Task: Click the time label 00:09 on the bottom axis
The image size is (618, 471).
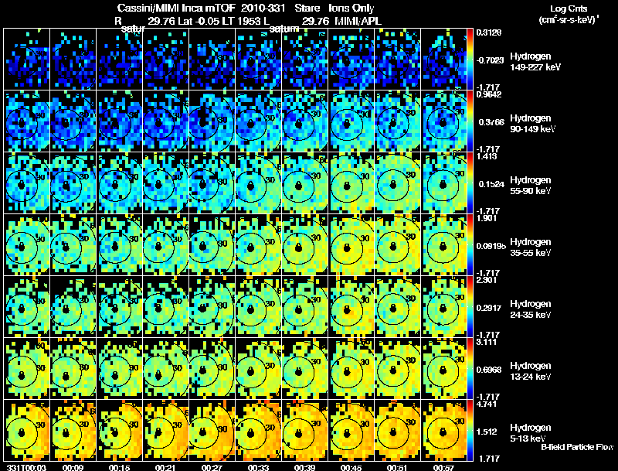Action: [73, 467]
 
